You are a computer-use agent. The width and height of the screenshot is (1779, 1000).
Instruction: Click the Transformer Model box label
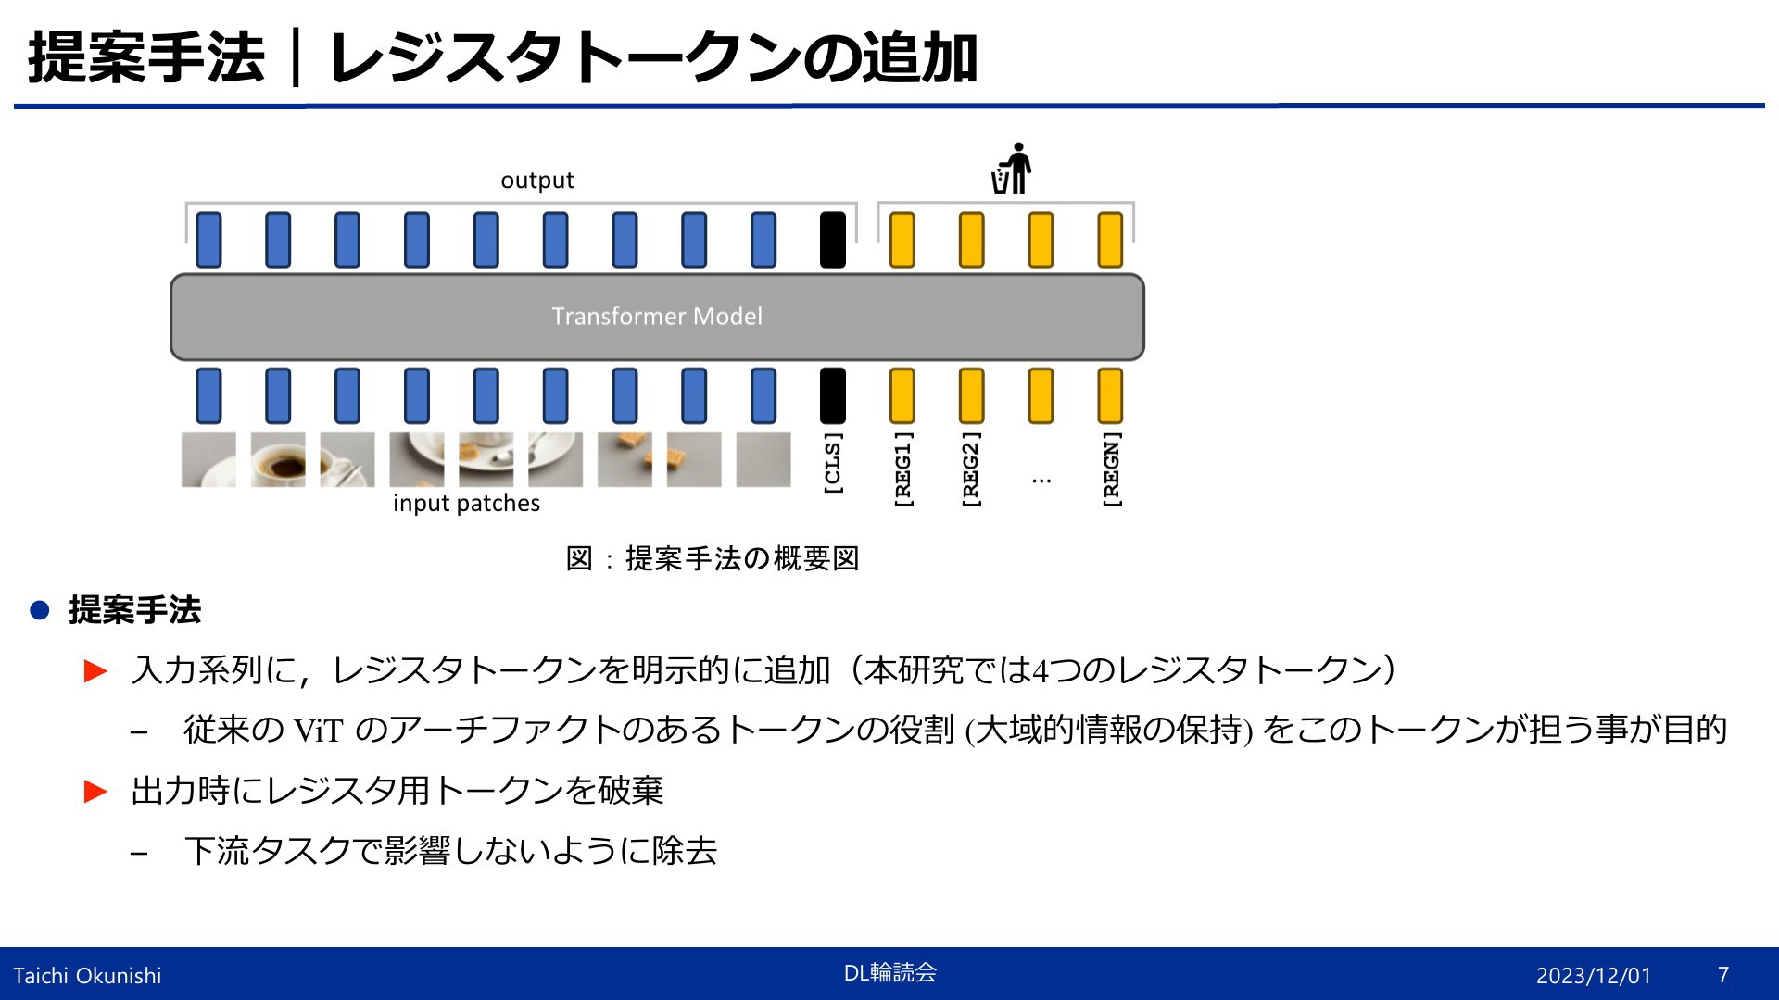pyautogui.click(x=657, y=317)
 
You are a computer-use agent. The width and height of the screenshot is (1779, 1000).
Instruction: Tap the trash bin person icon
pyautogui.click(x=1012, y=169)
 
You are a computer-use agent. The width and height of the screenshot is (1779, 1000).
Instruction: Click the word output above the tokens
pyautogui.click(x=537, y=181)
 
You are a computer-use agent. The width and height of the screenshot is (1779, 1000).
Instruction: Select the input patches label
pyautogui.click(x=466, y=504)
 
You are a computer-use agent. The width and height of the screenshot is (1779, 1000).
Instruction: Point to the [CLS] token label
pyautogui.click(x=833, y=463)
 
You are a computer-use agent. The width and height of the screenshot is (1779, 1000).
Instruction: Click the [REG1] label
pyautogui.click(x=902, y=469)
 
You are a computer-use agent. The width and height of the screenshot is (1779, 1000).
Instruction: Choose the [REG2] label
pyautogui.click(x=971, y=469)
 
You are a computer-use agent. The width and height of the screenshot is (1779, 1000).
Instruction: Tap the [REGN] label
pyautogui.click(x=1110, y=469)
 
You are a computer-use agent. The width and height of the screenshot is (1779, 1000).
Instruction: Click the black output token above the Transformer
pyautogui.click(x=833, y=240)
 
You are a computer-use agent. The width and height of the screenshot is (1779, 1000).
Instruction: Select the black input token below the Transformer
pyautogui.click(x=833, y=395)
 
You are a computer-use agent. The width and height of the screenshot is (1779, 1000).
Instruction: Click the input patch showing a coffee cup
pyautogui.click(x=278, y=459)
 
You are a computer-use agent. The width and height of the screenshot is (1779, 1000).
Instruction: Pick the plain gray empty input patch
pyautogui.click(x=763, y=459)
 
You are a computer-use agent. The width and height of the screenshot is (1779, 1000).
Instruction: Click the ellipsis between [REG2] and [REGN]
pyautogui.click(x=1041, y=481)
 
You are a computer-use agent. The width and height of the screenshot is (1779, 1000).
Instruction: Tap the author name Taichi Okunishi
pyautogui.click(x=87, y=976)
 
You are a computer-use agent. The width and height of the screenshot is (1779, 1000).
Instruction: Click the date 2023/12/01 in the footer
pyautogui.click(x=1594, y=976)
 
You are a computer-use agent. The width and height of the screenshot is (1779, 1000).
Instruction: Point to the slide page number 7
pyautogui.click(x=1723, y=975)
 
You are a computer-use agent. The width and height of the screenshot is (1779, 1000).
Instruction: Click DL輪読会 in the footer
pyautogui.click(x=890, y=972)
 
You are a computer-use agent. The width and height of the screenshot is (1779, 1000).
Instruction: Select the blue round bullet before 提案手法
pyautogui.click(x=40, y=610)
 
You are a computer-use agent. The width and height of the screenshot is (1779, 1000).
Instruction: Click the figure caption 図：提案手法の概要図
pyautogui.click(x=713, y=558)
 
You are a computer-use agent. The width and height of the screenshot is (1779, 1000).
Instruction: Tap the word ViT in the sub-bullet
pyautogui.click(x=318, y=731)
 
